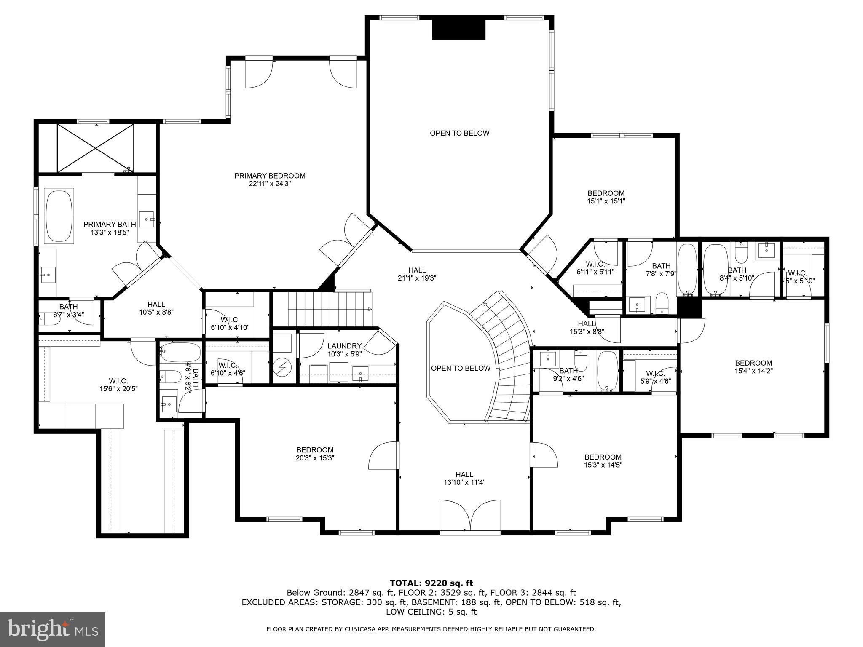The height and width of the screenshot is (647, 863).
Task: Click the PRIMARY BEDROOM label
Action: click(270, 176)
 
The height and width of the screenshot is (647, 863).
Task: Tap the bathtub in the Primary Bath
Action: click(59, 217)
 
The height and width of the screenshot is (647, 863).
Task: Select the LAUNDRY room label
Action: click(345, 346)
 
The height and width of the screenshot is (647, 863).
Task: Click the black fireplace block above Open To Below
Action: click(459, 30)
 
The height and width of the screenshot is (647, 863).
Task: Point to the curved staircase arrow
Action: click(487, 305)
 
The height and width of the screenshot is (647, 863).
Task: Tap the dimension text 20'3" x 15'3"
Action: click(315, 458)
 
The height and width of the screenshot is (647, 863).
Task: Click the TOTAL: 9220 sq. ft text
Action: click(431, 583)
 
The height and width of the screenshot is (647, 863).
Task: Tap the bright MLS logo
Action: click(52, 629)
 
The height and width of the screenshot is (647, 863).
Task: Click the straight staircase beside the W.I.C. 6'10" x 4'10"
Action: click(322, 309)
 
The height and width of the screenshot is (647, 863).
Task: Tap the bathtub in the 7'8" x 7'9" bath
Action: click(687, 269)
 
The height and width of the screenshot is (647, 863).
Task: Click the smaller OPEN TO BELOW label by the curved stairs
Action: click(461, 368)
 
